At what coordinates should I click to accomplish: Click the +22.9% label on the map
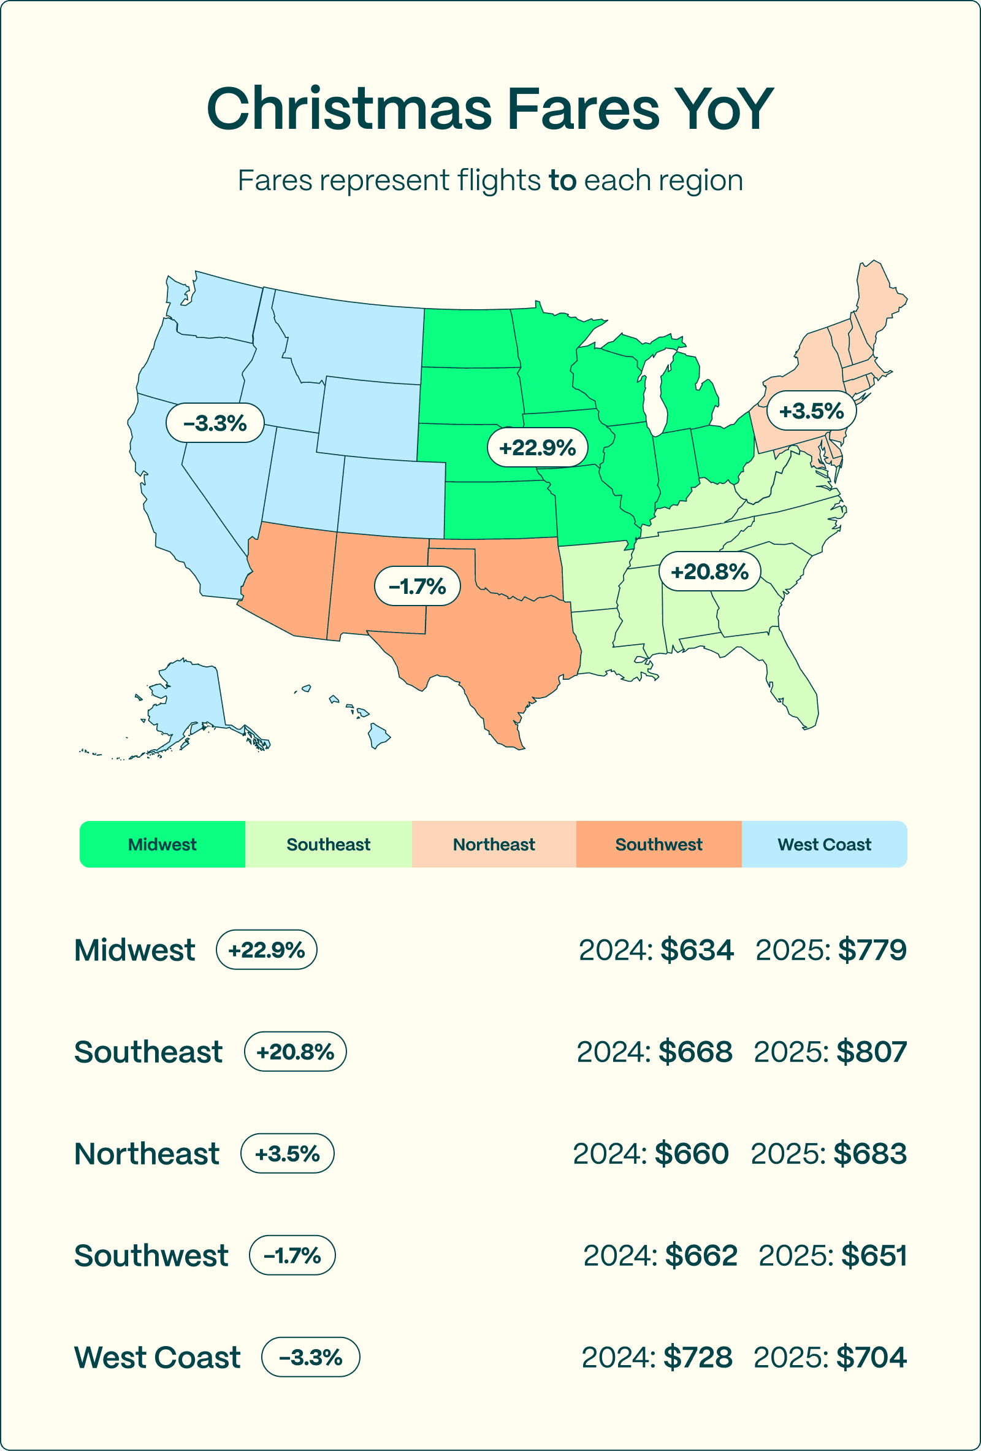(x=537, y=448)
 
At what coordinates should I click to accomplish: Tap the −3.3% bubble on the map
(x=215, y=423)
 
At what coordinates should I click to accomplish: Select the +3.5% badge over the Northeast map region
(x=811, y=411)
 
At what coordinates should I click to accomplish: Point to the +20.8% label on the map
(x=709, y=571)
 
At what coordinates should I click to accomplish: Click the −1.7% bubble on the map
(x=417, y=587)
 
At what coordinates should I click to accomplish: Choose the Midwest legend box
(x=162, y=844)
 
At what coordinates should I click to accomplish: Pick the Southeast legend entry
(x=328, y=844)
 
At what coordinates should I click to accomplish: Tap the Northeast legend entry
(x=494, y=844)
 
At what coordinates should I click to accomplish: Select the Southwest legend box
(x=658, y=844)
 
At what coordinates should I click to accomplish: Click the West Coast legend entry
(x=824, y=844)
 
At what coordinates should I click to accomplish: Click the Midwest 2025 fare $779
(x=872, y=950)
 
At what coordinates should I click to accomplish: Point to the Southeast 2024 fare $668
(x=695, y=1052)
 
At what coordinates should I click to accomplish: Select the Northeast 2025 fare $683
(x=870, y=1153)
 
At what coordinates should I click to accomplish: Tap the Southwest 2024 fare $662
(x=701, y=1255)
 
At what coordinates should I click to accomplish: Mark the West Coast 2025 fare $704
(x=871, y=1357)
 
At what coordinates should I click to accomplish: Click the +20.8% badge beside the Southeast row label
(x=295, y=1052)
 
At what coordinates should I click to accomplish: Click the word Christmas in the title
(x=349, y=109)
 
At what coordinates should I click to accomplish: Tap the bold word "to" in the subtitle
(x=562, y=180)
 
